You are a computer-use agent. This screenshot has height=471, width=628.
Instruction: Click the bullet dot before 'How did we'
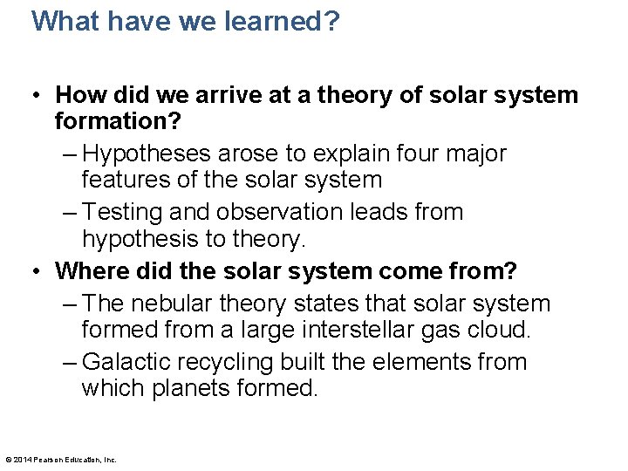[x=40, y=94]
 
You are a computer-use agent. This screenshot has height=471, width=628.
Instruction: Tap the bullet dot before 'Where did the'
[x=40, y=270]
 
